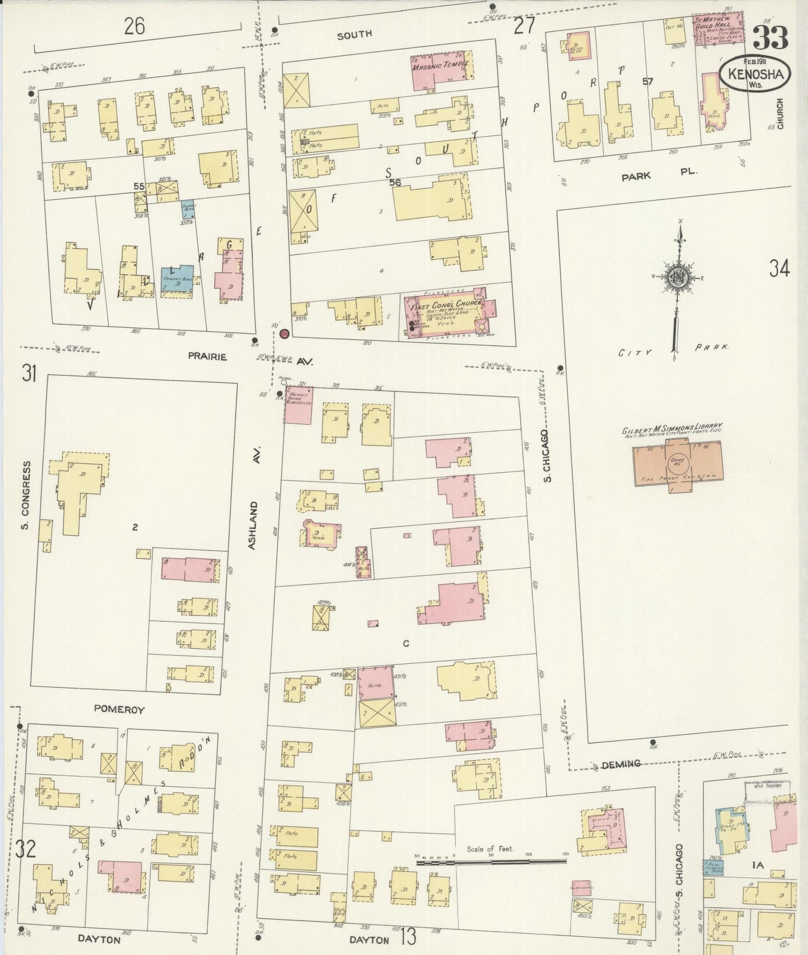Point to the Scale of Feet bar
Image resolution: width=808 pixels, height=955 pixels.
491,863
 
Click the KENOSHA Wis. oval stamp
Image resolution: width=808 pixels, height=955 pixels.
755,74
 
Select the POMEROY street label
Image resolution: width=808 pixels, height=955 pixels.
119,710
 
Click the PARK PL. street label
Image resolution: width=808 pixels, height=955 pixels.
659,174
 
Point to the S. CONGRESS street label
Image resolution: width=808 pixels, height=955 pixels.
26,503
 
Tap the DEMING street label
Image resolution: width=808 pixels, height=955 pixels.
621,764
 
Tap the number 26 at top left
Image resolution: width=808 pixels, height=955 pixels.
134,26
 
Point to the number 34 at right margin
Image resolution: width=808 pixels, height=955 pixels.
779,269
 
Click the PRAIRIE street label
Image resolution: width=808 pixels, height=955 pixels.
207,357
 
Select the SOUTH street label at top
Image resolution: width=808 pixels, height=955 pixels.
354,35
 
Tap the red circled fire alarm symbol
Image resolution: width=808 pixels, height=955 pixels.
284,334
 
